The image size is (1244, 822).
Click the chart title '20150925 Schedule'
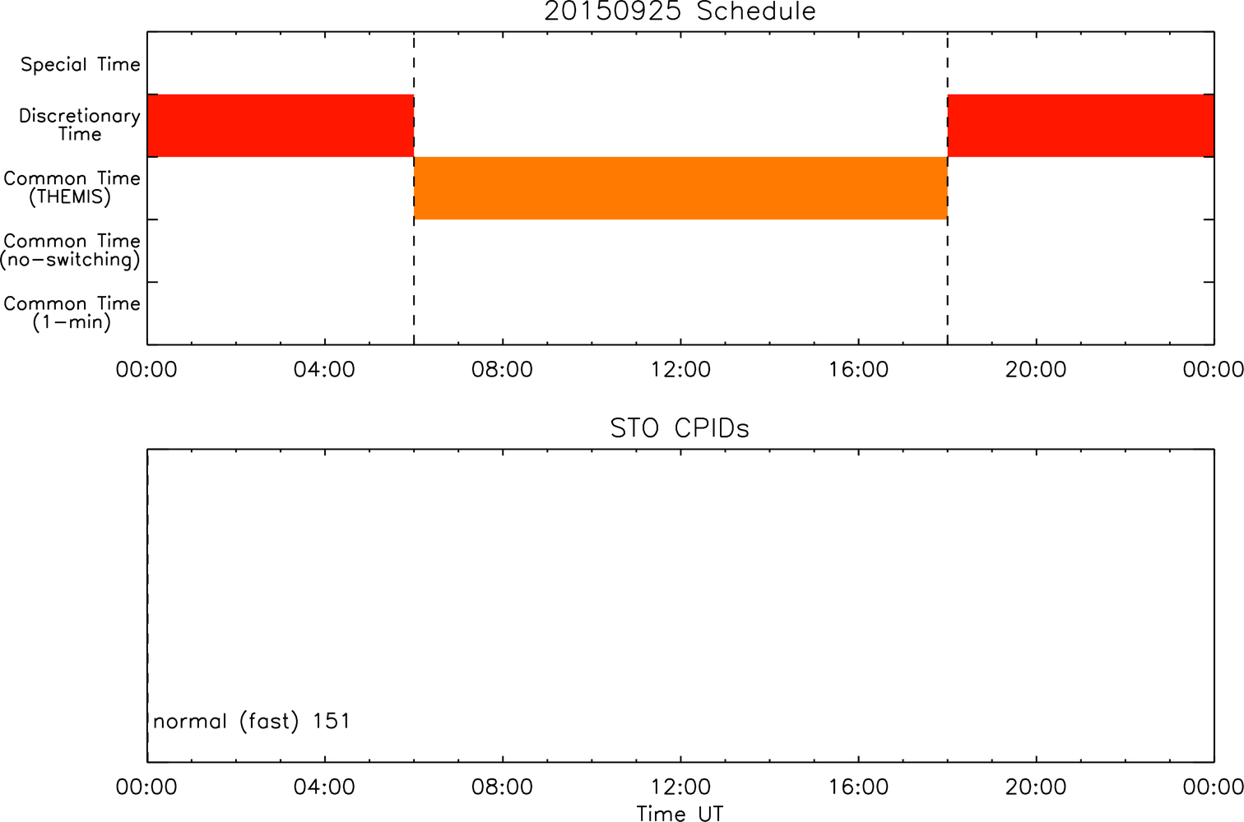[x=680, y=12]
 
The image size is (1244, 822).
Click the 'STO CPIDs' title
[x=680, y=428]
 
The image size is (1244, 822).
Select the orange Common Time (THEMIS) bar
[x=680, y=188]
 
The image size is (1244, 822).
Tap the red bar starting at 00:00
[x=281, y=126]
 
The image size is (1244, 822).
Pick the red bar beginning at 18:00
[x=1081, y=126]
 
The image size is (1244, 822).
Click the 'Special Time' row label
[x=81, y=64]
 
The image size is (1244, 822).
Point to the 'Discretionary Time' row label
[x=80, y=125]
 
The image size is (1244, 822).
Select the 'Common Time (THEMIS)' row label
[x=72, y=187]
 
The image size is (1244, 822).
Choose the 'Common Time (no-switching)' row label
[x=71, y=251]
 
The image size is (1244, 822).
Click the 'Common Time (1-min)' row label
[x=72, y=313]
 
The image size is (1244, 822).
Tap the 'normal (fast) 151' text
[x=252, y=721]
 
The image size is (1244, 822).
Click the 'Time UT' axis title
[x=680, y=813]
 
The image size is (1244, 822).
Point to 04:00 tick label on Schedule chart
[x=324, y=370]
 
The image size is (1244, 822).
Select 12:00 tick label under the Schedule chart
[x=680, y=370]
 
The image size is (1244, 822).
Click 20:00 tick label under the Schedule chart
[x=1036, y=370]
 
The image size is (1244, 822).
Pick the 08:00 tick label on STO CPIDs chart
[x=502, y=787]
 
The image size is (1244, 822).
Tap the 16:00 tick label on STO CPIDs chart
[x=859, y=787]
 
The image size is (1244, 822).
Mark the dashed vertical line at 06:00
[x=414, y=188]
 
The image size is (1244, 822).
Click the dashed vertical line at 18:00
[x=948, y=188]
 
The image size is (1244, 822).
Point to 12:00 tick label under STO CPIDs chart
[x=680, y=787]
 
